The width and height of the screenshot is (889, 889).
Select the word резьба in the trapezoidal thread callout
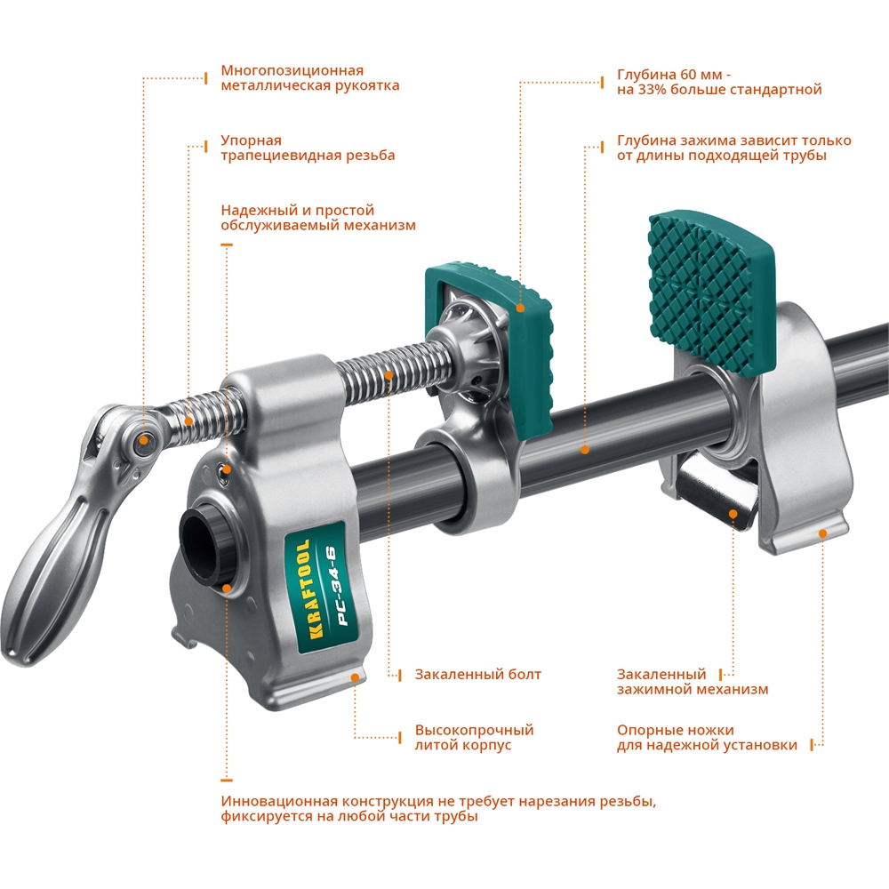(x=367, y=156)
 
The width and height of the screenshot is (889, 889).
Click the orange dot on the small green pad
(x=520, y=308)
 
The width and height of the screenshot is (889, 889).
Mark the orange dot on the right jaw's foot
(x=822, y=533)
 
